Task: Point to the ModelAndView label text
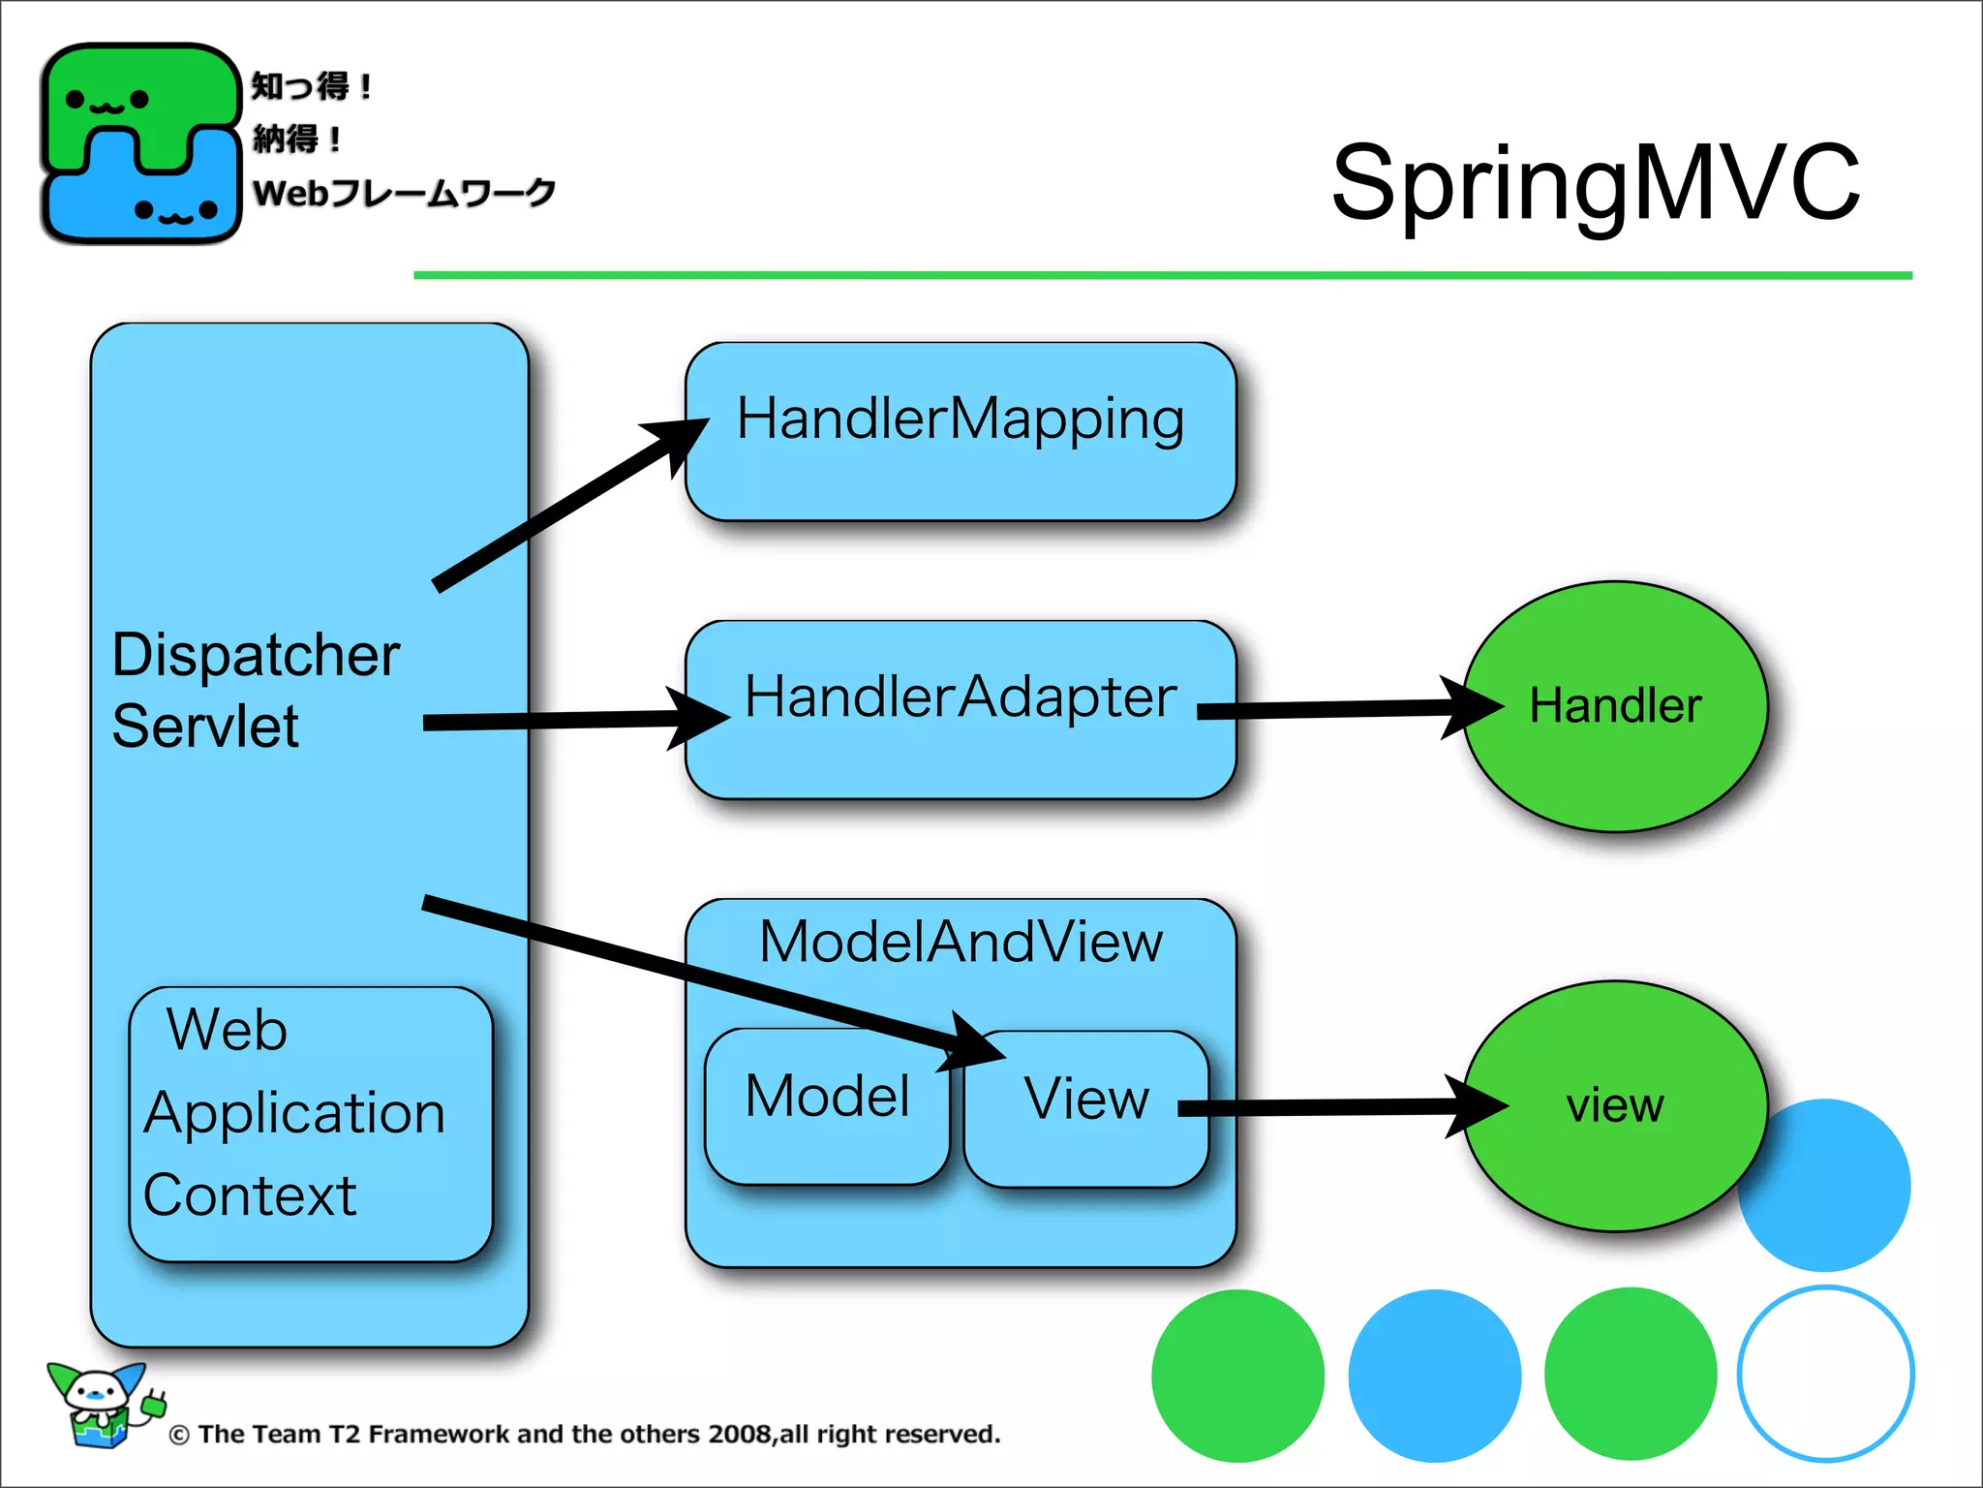click(x=960, y=942)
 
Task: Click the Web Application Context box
click(x=310, y=1124)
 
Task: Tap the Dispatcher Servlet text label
click(x=254, y=690)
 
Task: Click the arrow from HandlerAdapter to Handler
click(x=1346, y=710)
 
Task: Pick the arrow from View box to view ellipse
click(x=1336, y=1107)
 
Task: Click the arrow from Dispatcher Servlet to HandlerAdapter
click(x=571, y=720)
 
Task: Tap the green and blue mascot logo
click(x=140, y=143)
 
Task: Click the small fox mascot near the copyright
click(x=102, y=1405)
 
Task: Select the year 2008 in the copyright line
click(x=741, y=1435)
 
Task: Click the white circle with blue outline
click(x=1825, y=1374)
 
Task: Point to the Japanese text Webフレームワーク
click(x=404, y=193)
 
